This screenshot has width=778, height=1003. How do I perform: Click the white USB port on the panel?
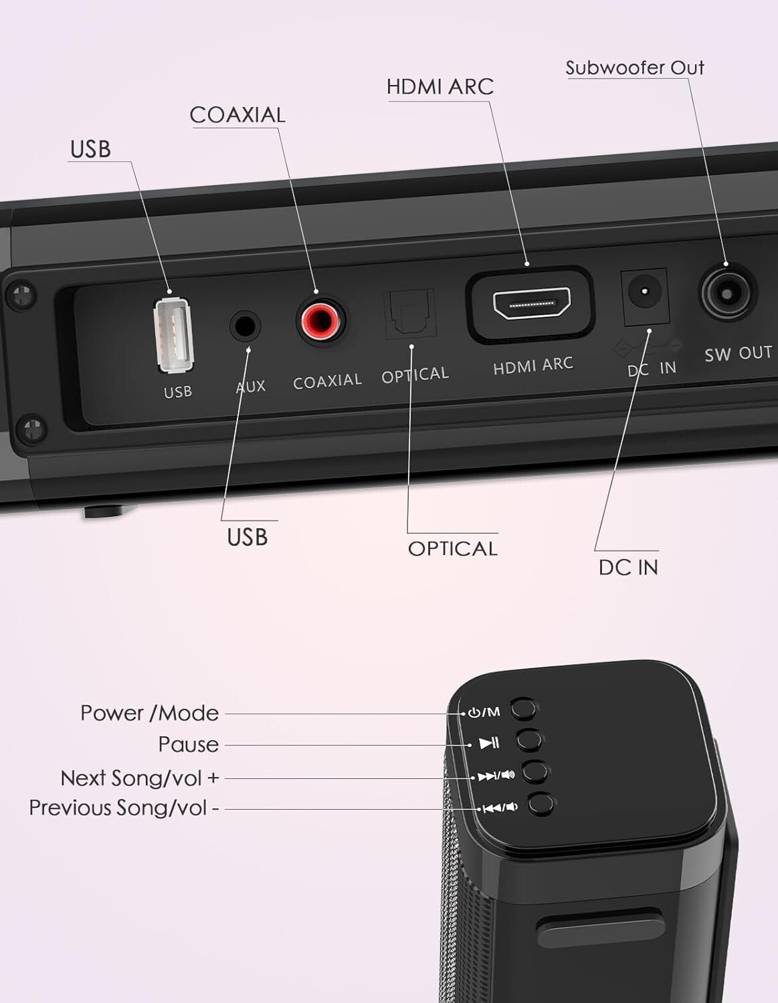click(173, 335)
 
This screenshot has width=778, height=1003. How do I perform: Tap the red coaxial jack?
click(321, 320)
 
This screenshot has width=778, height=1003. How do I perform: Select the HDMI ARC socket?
click(531, 305)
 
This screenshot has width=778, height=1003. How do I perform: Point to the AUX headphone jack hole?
click(246, 326)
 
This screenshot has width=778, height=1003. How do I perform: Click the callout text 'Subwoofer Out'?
click(634, 68)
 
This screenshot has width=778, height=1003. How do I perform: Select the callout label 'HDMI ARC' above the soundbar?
click(440, 87)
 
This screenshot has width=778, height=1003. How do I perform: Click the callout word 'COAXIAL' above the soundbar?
click(237, 115)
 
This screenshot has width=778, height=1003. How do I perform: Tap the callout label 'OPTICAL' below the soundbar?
click(452, 548)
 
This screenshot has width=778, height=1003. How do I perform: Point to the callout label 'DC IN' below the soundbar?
click(628, 567)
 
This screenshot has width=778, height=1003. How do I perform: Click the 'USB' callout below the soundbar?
click(247, 537)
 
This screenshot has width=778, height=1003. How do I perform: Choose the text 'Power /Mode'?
click(149, 713)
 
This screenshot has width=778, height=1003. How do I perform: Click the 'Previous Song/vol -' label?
click(124, 808)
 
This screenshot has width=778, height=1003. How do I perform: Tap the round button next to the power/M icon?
click(523, 709)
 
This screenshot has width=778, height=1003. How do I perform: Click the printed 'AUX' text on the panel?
click(251, 386)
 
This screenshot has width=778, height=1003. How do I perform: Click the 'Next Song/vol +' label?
click(139, 778)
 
